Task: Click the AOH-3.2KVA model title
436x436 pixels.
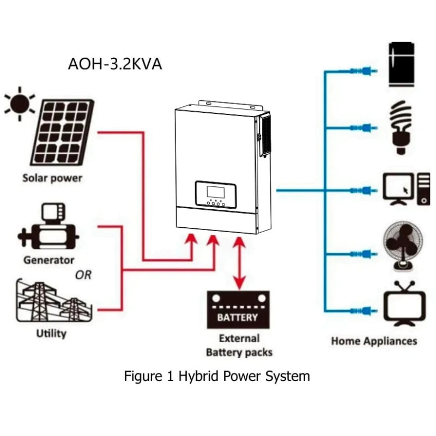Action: (x=114, y=63)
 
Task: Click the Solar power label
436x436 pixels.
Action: (x=52, y=178)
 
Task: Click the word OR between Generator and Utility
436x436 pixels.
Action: (x=83, y=275)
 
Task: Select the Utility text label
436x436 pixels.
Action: (x=51, y=333)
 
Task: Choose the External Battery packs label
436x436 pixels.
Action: (x=239, y=345)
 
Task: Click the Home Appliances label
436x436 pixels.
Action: (x=374, y=341)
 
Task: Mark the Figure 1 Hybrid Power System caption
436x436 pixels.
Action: (x=217, y=376)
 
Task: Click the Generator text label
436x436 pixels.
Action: (x=49, y=260)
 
